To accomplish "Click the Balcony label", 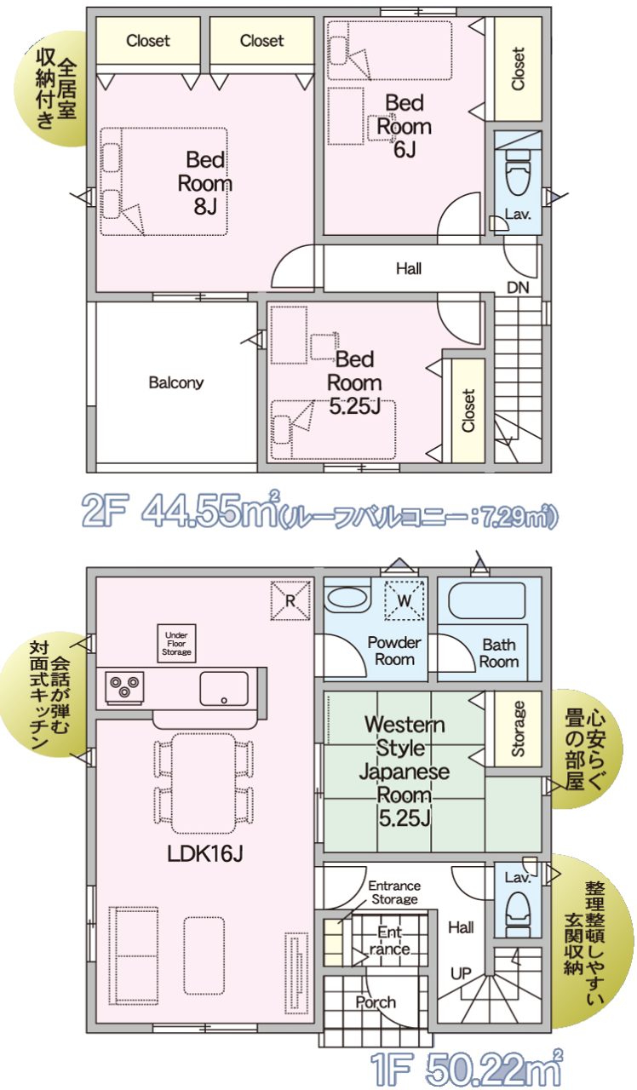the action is [175, 382].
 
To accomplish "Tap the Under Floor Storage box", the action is [176, 643].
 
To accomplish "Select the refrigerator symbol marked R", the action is [290, 600].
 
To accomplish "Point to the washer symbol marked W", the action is [404, 600].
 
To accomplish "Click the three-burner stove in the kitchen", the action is [124, 687].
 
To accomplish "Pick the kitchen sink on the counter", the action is [224, 689].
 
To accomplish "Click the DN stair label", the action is [518, 288].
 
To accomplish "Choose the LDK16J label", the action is [205, 853].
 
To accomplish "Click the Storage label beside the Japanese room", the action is [519, 728].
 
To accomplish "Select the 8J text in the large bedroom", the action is [205, 207].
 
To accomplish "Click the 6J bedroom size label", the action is [405, 150].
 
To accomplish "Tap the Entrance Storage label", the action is [394, 892].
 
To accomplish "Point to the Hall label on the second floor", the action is [408, 268].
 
